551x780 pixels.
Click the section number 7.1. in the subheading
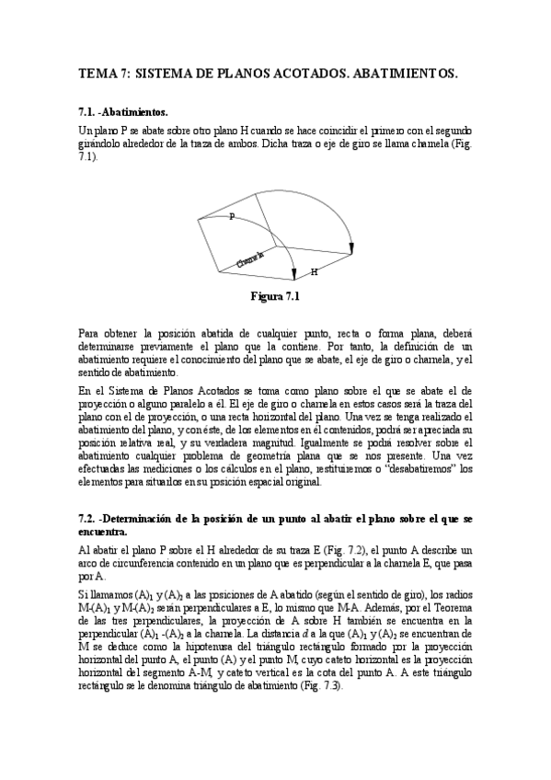88,111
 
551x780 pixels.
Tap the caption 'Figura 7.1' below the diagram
276,296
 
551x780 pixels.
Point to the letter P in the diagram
231,215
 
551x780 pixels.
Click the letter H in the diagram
314,272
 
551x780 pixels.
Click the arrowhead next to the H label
293,273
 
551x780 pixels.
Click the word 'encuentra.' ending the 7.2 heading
104,532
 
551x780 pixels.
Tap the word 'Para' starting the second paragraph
89,329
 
